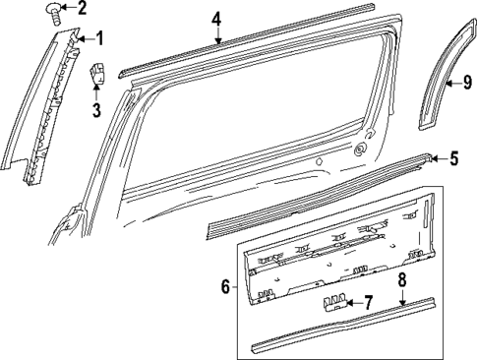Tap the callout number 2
(x=82, y=10)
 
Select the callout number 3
(x=96, y=109)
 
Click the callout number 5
(x=453, y=157)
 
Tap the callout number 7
(x=368, y=303)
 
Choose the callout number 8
(x=401, y=279)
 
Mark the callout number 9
(x=467, y=83)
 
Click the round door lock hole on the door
(x=361, y=150)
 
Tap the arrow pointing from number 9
(x=452, y=84)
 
